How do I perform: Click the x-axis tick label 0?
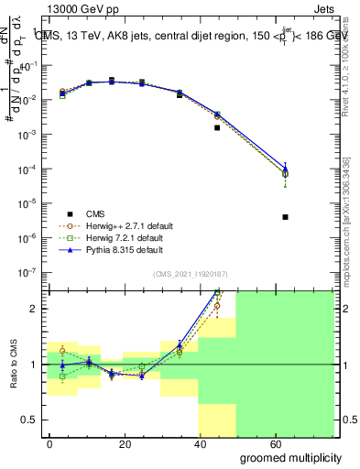(x=50, y=443)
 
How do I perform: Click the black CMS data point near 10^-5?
(x=286, y=217)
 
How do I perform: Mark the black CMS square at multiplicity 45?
(x=217, y=127)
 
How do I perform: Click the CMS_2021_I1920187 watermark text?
(x=190, y=273)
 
